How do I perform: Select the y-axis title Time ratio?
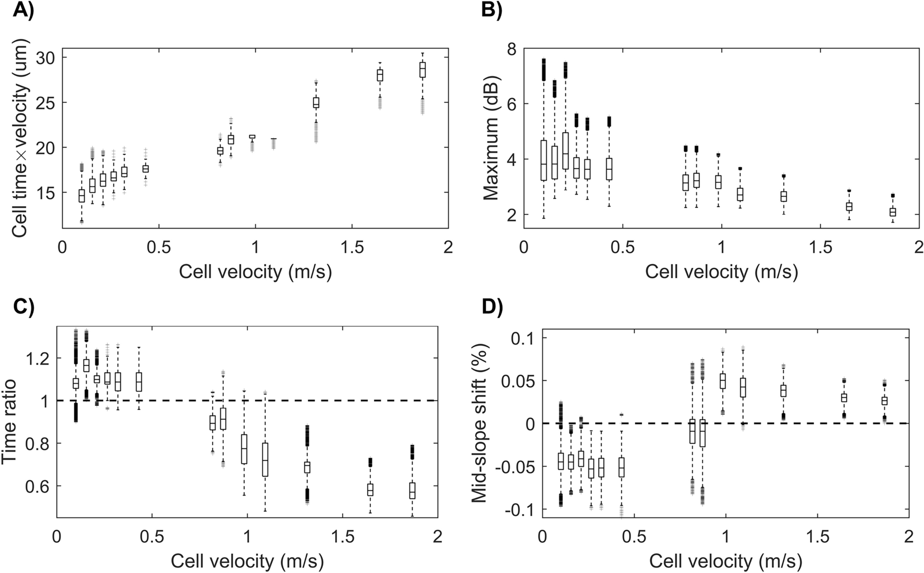click(x=10, y=422)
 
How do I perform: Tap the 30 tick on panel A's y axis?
click(x=45, y=58)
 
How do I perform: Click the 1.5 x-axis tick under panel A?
click(x=351, y=247)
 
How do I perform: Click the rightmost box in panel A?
click(x=422, y=70)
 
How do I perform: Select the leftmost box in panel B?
click(x=544, y=160)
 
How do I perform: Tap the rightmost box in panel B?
click(x=893, y=212)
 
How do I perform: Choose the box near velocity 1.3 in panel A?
click(x=316, y=102)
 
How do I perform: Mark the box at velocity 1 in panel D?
click(x=723, y=381)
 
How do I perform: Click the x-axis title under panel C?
click(x=247, y=561)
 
